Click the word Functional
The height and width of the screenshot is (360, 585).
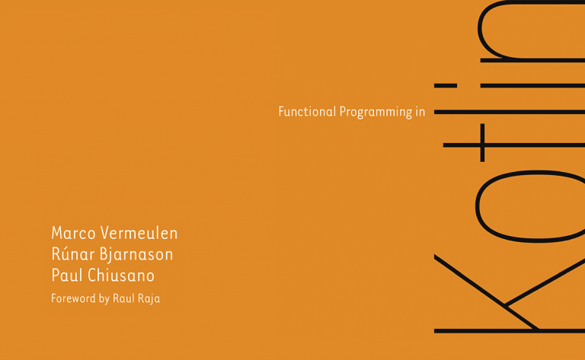pyautogui.click(x=307, y=112)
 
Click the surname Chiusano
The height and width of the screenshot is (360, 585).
pyautogui.click(x=121, y=276)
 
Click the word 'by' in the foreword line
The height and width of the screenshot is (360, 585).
pyautogui.click(x=104, y=299)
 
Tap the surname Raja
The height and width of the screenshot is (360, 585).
pyautogui.click(x=149, y=298)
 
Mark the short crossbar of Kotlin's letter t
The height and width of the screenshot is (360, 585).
pyautogui.click(x=481, y=144)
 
